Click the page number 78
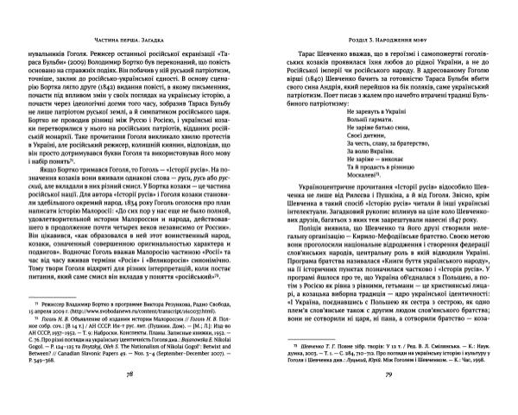click(x=129, y=399)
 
